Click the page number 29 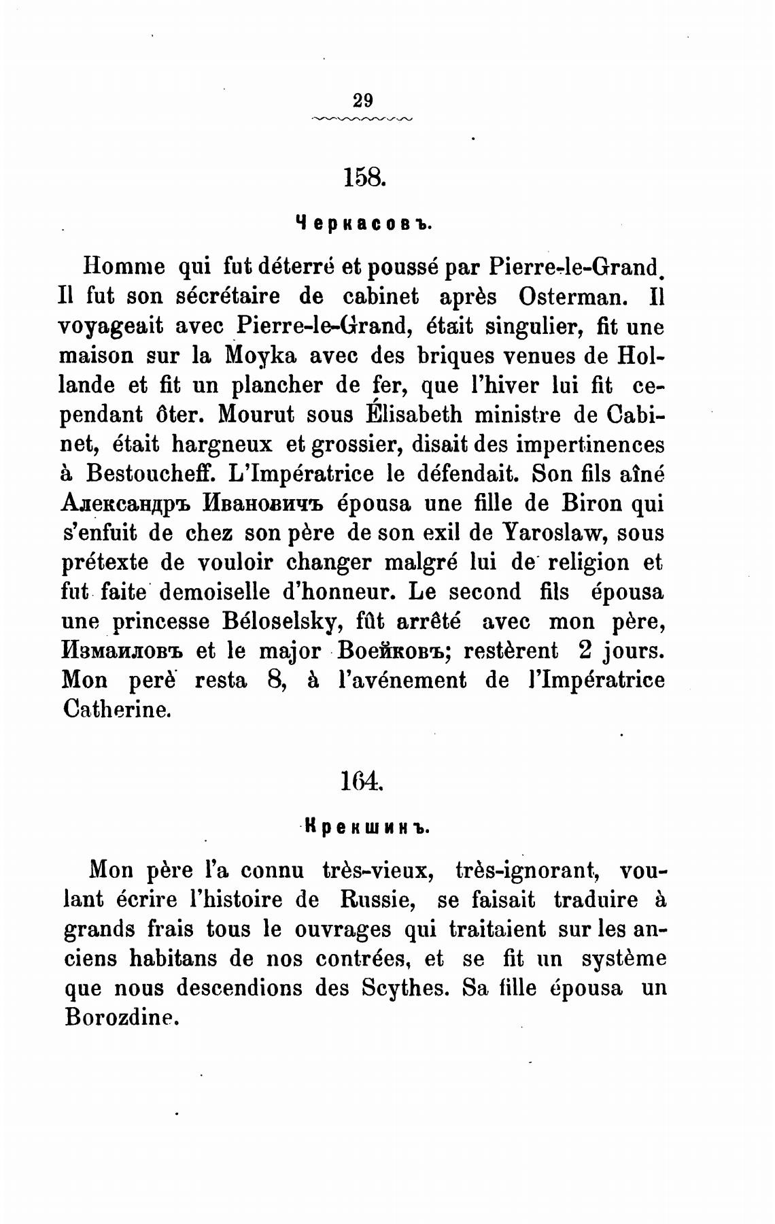click(363, 100)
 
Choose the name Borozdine click(120, 1017)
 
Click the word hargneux click(222, 444)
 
